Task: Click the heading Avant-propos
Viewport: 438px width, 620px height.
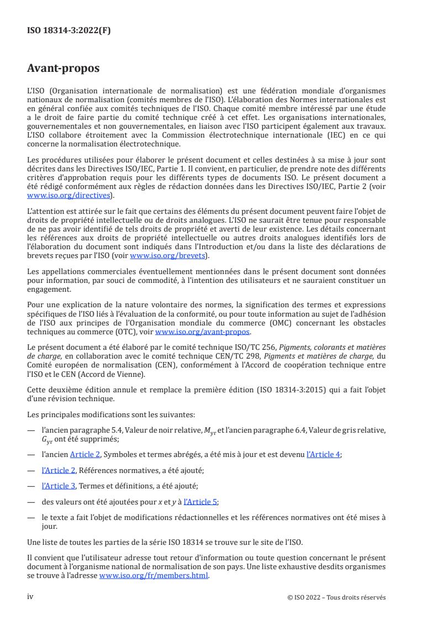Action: click(64, 69)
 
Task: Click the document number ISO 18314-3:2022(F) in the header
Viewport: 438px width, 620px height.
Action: click(68, 31)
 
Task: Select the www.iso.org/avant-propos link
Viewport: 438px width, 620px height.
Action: click(203, 332)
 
